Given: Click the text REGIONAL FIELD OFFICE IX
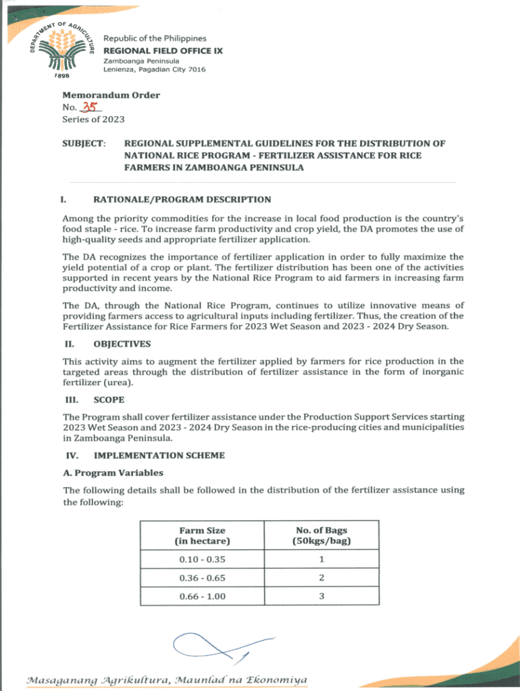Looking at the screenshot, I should tap(162, 51).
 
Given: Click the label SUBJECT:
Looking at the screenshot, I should tap(84, 144).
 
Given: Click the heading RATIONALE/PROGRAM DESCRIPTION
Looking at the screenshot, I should tap(182, 200).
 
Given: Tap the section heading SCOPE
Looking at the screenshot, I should tap(109, 400).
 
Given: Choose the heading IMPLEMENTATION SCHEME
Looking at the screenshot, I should tap(159, 455).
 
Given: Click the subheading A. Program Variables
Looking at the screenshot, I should tap(113, 472).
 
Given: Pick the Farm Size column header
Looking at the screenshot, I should tap(203, 536).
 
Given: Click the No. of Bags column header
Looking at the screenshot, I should tap(321, 536).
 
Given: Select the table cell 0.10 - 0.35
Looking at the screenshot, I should tap(203, 559).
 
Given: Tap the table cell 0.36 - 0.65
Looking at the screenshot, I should tap(203, 578).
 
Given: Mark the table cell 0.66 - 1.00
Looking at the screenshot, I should tap(203, 597).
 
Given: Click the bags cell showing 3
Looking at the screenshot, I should tap(321, 597).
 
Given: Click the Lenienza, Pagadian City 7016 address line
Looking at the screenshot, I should tap(154, 70).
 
